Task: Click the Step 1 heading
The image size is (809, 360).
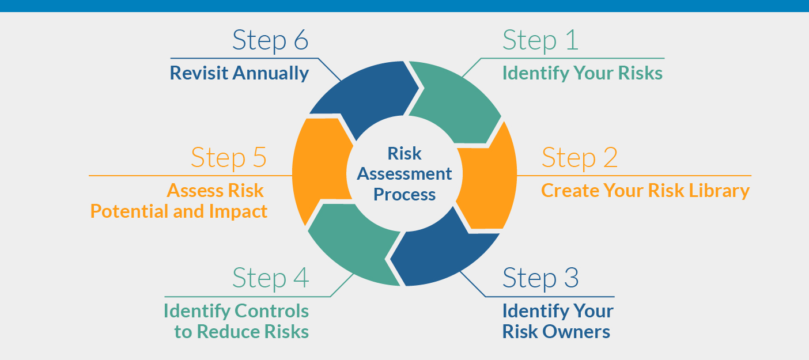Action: click(540, 40)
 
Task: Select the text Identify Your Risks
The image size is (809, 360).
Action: click(582, 73)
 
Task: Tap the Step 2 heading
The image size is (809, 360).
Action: click(579, 157)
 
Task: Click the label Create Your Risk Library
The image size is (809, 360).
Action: click(645, 191)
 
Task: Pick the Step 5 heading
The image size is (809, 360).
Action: click(229, 157)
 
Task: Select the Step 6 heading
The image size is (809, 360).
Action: click(270, 40)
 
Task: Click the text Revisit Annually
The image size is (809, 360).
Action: click(239, 73)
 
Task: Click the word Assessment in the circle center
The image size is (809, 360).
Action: click(404, 173)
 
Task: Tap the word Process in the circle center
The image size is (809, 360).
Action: click(404, 194)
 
